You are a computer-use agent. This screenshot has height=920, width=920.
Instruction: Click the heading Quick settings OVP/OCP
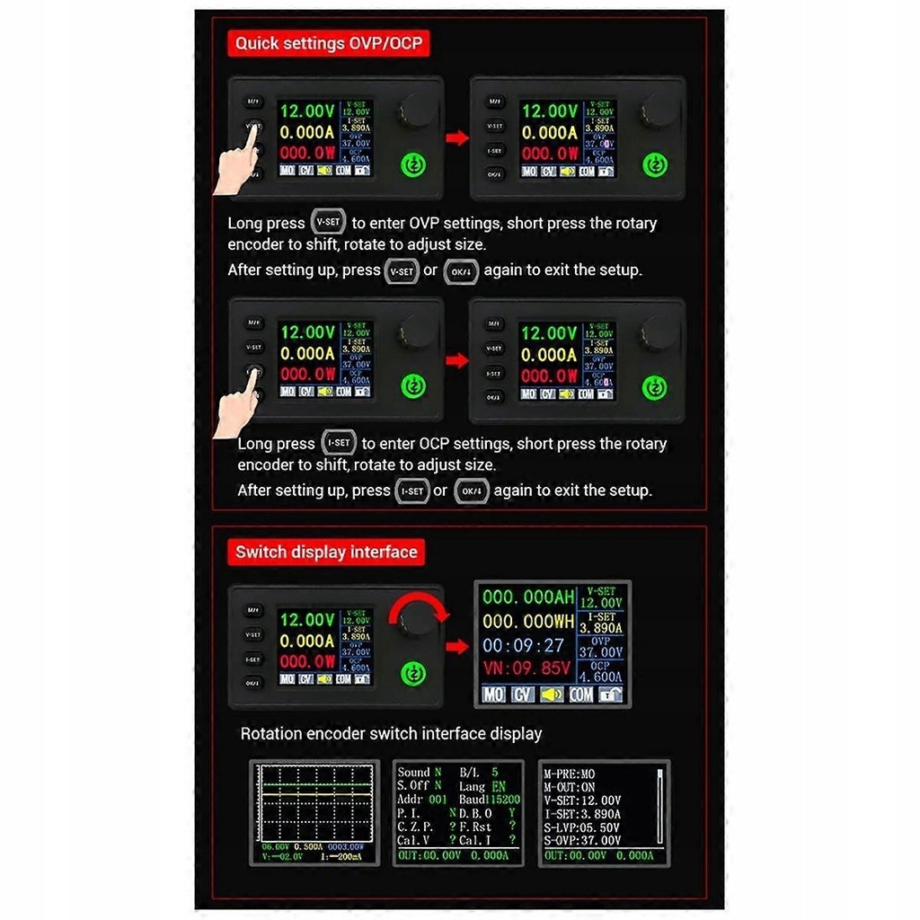pyautogui.click(x=328, y=42)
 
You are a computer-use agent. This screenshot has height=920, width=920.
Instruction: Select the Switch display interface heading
pyautogui.click(x=326, y=552)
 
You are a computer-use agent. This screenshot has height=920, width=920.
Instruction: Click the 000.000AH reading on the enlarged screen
pyautogui.click(x=528, y=597)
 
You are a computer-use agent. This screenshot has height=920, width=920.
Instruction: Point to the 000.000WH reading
pyautogui.click(x=528, y=622)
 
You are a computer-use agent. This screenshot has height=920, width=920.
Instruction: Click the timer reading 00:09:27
pyautogui.click(x=524, y=645)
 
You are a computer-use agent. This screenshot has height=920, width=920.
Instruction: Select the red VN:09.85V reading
pyautogui.click(x=527, y=668)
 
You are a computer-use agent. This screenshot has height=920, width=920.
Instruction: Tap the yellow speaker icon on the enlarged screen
pyautogui.click(x=551, y=694)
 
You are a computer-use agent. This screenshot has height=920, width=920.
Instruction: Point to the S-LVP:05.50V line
pyautogui.click(x=583, y=827)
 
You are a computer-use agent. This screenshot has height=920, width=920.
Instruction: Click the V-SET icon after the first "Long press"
pyautogui.click(x=330, y=222)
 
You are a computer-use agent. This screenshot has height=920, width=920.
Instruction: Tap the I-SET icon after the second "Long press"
pyautogui.click(x=338, y=443)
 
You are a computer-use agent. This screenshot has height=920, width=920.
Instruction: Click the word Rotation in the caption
pyautogui.click(x=270, y=734)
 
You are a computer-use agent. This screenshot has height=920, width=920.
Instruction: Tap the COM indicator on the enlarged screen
pyautogui.click(x=580, y=694)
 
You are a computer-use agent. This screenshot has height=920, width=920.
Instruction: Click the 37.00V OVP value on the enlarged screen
pyautogui.click(x=600, y=652)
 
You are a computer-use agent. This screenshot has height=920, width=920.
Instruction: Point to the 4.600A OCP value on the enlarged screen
pyautogui.click(x=600, y=677)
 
